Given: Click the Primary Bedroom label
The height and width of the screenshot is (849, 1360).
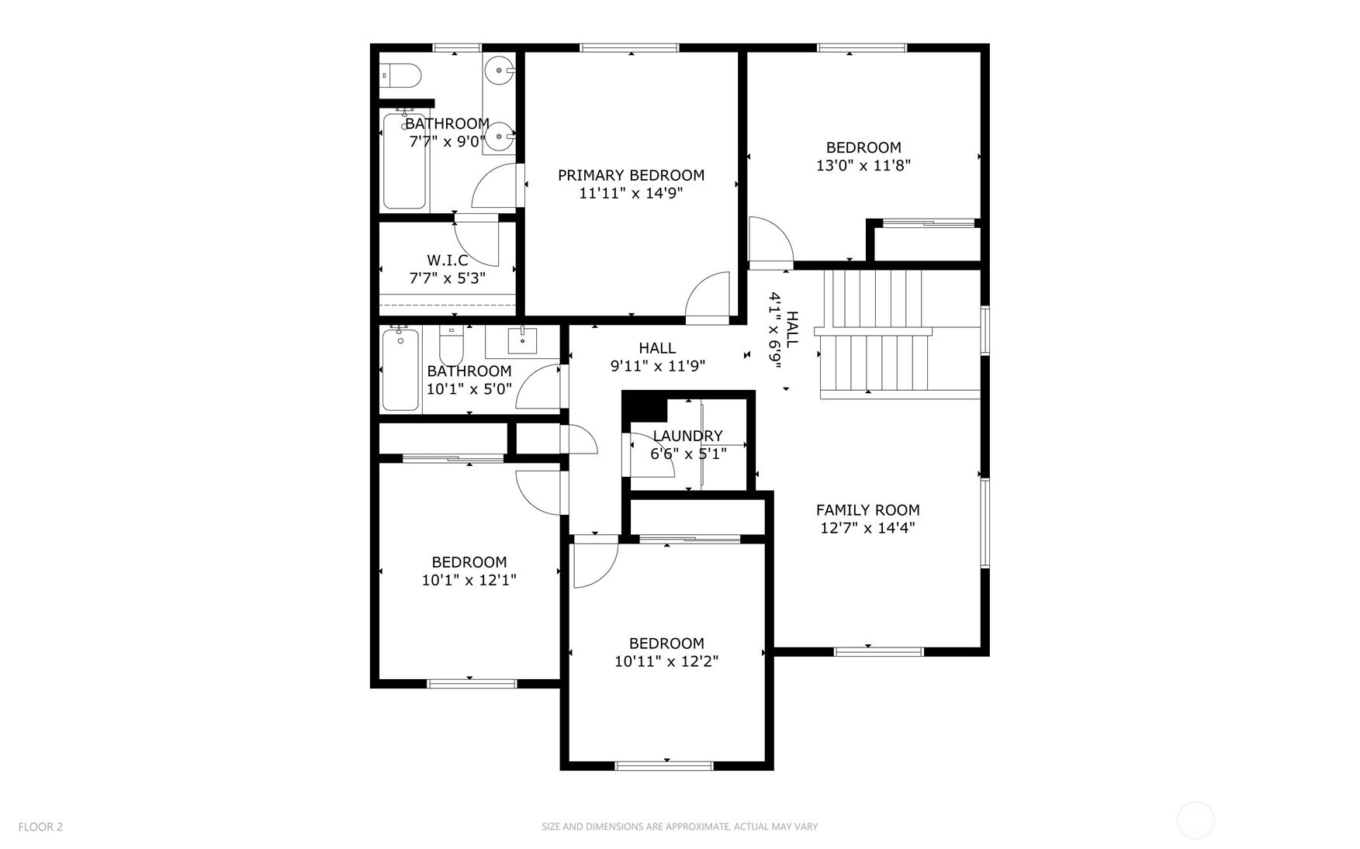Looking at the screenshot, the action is [x=631, y=175].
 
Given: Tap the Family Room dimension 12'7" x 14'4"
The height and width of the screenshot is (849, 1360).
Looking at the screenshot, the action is [x=867, y=528].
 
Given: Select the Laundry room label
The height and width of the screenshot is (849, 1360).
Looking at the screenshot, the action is [x=687, y=436].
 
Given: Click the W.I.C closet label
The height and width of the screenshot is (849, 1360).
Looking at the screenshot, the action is [x=448, y=261].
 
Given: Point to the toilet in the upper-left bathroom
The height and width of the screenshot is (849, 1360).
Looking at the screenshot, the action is [x=401, y=76].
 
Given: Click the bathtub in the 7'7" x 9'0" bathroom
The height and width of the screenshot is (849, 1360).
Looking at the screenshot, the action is [x=404, y=160].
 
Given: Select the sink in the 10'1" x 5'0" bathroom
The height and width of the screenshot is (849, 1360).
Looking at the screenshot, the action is [x=522, y=340].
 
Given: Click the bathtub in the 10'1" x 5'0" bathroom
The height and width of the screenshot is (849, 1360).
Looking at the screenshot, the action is [x=400, y=369].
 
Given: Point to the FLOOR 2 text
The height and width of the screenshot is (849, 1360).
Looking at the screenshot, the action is [x=40, y=827].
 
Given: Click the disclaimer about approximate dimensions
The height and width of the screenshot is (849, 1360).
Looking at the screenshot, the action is [x=680, y=827].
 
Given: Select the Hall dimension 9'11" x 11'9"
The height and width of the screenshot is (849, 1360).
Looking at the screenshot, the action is [x=657, y=366].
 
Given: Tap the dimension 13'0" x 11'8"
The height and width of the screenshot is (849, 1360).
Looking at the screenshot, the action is [x=863, y=165].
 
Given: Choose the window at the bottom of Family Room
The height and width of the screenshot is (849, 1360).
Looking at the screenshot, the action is [x=879, y=651].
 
